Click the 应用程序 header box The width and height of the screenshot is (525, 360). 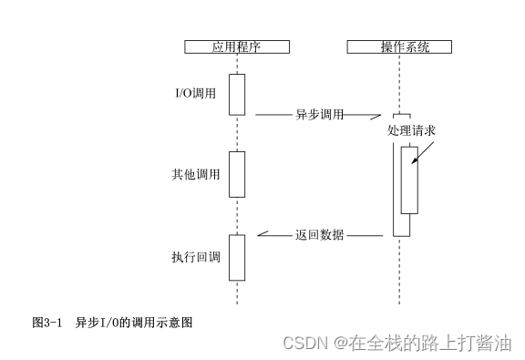[x=236, y=47]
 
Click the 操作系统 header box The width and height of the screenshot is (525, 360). [x=400, y=47]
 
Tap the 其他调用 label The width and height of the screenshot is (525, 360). [x=196, y=174]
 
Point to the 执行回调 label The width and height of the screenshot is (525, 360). [x=196, y=257]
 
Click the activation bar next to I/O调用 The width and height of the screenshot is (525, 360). [x=237, y=95]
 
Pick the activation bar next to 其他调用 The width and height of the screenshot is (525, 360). [x=237, y=174]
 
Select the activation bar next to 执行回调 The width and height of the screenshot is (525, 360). [x=237, y=257]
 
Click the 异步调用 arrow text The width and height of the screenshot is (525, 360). [x=319, y=115]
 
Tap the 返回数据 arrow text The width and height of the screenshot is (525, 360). [x=319, y=234]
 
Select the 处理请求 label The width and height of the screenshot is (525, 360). [x=411, y=131]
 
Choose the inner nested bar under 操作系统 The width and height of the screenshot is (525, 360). [x=409, y=180]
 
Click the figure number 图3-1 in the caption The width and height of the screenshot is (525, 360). [x=46, y=323]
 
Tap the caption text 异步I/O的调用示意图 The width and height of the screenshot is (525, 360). [x=134, y=323]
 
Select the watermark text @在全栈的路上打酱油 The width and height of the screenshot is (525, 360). [x=422, y=343]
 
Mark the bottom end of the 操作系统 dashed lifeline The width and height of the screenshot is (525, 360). [x=399, y=303]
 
